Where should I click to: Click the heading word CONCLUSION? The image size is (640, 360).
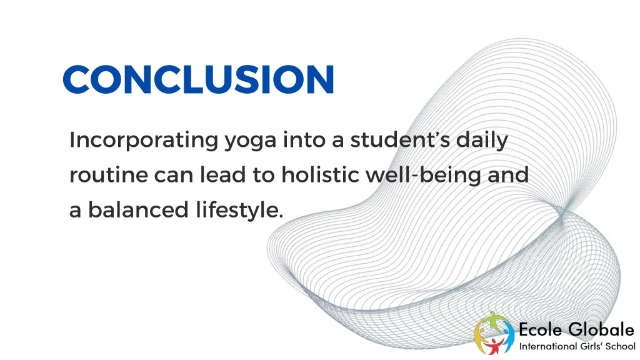pyautogui.click(x=199, y=79)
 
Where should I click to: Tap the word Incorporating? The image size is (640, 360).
pyautogui.click(x=142, y=140)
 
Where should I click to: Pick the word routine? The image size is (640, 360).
pyautogui.click(x=107, y=176)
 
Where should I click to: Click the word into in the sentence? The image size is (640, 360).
pyautogui.click(x=304, y=140)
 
